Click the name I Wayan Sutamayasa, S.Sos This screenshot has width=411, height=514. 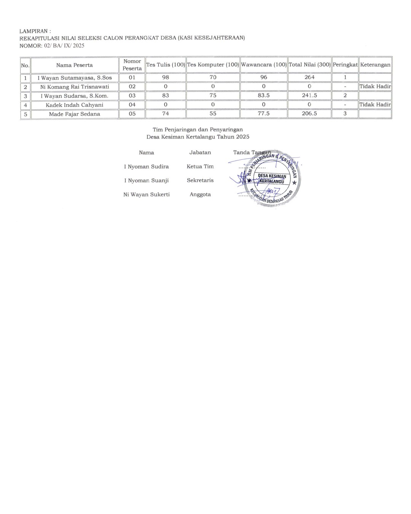(75, 78)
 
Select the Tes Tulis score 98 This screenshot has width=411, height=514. (166, 77)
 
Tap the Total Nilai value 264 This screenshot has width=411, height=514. (309, 77)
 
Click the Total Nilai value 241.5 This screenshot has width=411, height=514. (309, 95)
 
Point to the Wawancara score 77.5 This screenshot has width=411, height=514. (264, 113)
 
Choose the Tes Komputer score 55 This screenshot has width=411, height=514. (213, 113)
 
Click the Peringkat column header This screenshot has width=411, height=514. (345, 65)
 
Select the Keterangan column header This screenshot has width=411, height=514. (375, 65)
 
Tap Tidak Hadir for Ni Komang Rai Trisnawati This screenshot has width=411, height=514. (375, 86)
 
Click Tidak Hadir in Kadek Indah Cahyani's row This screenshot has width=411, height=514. (375, 105)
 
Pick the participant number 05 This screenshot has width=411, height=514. (132, 113)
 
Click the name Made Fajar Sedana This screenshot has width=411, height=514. (75, 114)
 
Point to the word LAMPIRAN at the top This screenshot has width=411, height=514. (34, 31)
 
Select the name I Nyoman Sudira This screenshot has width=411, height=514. (147, 167)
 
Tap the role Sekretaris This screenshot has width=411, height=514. (200, 181)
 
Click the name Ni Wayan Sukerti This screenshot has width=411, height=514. (147, 195)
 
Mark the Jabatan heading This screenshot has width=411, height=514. (200, 152)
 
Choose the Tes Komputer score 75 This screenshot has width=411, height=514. (213, 95)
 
